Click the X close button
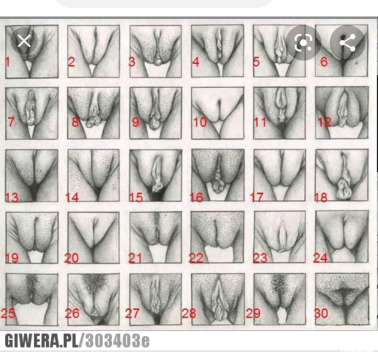coord(24,41)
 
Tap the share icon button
coord(347,43)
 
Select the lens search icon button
coord(304,43)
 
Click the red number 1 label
coord(7,62)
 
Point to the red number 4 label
coord(196,62)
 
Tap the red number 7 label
coord(11,122)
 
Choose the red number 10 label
coord(200,122)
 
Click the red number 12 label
coord(324,122)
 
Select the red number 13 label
coord(12,197)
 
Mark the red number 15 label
coord(136,197)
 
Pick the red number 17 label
coord(256,197)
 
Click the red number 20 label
coord(71,258)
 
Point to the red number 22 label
coord(196,258)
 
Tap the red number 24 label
coord(320,258)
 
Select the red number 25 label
coord(8,313)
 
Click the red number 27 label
coord(132,313)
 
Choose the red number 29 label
coord(253,313)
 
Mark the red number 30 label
coord(321,313)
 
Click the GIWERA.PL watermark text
coord(41,341)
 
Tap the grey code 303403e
coord(118,341)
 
